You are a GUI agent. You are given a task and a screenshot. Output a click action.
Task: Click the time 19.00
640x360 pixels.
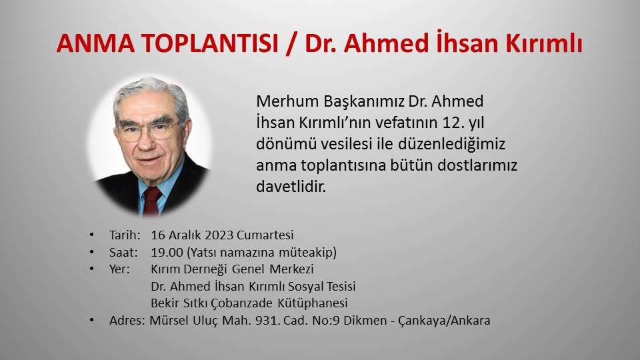click(x=167, y=252)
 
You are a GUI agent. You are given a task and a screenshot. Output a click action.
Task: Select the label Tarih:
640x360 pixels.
click(x=125, y=235)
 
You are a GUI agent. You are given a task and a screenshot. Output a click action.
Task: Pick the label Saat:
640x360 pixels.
click(x=123, y=252)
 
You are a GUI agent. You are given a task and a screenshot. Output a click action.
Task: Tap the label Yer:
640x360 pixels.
click(x=120, y=269)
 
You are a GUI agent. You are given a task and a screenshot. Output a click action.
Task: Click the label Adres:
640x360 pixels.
click(x=127, y=321)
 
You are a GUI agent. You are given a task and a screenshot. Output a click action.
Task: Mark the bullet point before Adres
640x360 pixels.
click(x=91, y=321)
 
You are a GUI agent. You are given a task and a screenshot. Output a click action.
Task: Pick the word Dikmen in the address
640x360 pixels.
click(x=372, y=321)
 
